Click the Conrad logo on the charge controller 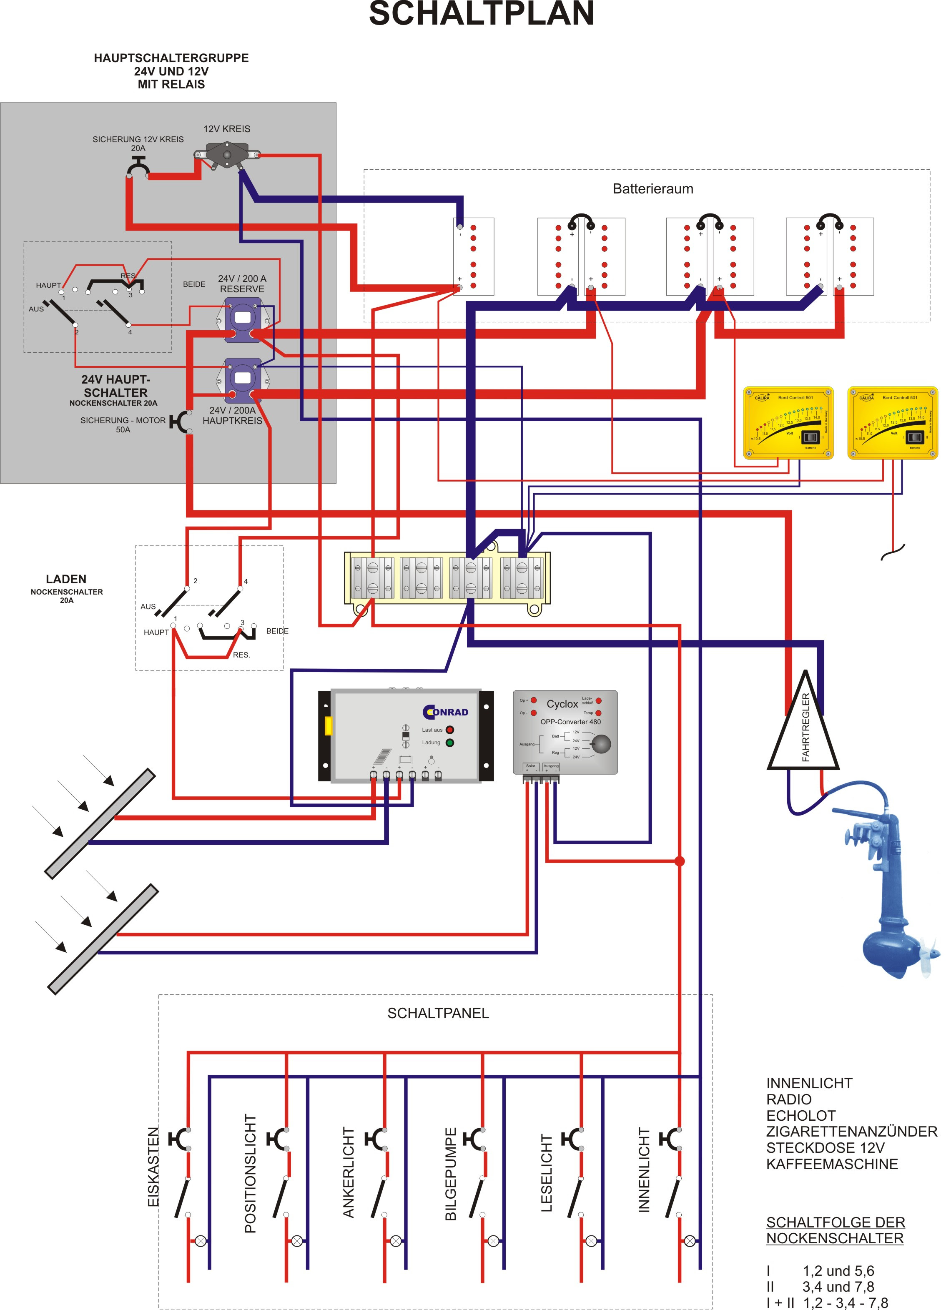point(445,712)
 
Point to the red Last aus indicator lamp point(450,730)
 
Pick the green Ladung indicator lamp point(450,743)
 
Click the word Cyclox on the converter point(562,704)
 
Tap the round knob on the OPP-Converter point(601,744)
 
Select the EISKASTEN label point(153,1167)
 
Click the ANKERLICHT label point(349,1172)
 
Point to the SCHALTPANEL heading point(438,1013)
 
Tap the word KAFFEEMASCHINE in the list point(832,1164)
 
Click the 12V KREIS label point(226,129)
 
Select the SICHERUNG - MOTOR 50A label point(123,424)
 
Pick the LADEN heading point(66,579)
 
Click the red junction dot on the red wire point(680,861)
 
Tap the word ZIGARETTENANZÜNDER point(851,1132)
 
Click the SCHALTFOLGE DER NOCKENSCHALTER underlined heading point(835,1230)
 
